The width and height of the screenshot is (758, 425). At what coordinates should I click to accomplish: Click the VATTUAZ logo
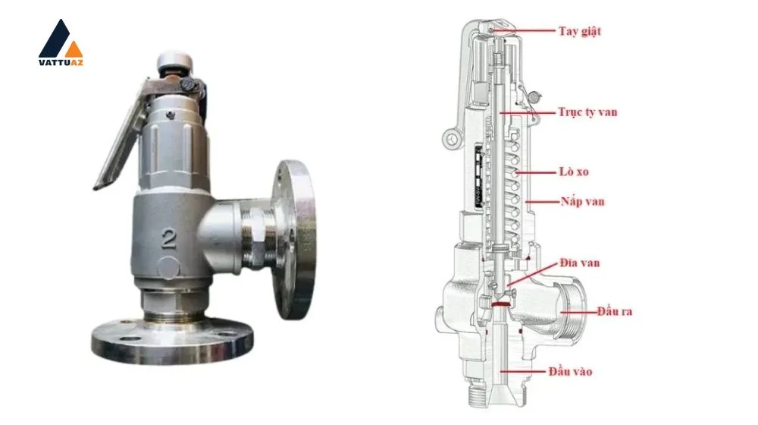click(61, 42)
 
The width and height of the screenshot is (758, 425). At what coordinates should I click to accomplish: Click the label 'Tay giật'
click(580, 31)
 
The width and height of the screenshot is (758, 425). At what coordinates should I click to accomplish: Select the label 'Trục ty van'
click(588, 112)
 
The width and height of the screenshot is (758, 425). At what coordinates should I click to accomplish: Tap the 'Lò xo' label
click(574, 172)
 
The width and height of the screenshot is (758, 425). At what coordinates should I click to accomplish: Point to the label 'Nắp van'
click(582, 201)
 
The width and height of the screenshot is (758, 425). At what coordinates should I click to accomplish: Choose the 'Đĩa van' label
click(580, 263)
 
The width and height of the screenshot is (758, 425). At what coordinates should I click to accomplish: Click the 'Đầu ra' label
click(615, 311)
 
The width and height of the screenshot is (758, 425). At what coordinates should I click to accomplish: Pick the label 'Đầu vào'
click(571, 372)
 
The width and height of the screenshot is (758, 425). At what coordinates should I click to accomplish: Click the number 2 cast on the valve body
click(168, 238)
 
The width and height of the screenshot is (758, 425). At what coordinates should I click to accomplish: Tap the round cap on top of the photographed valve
click(174, 61)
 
